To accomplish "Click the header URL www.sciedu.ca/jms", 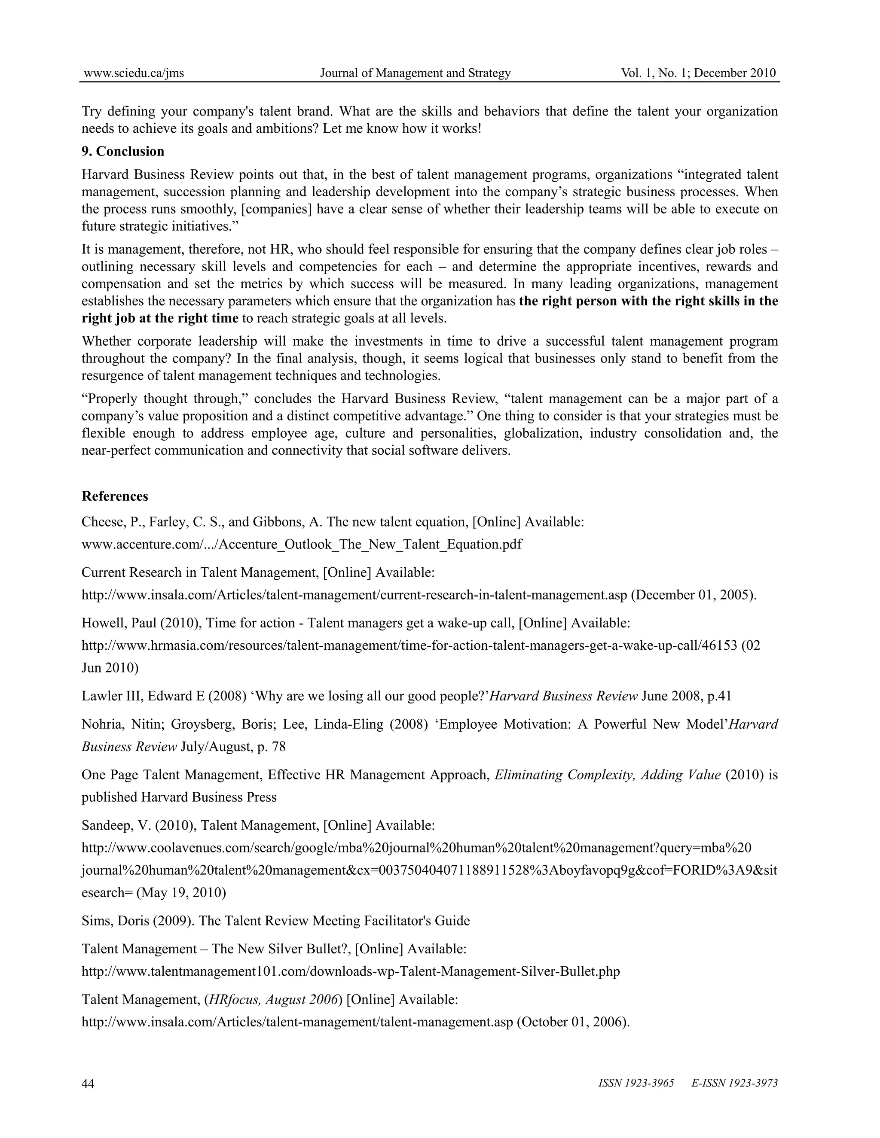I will [134, 73].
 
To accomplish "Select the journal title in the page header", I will [415, 73].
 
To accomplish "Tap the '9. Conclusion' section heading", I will [123, 151].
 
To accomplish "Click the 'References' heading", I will [115, 496].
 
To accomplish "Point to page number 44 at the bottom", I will [88, 1083].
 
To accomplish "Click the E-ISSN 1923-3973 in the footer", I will [734, 1083].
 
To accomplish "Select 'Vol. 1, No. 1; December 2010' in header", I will [698, 73].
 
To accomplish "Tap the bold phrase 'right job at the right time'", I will [160, 318].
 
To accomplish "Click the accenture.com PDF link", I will [302, 544].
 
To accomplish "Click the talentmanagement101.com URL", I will [350, 971].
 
